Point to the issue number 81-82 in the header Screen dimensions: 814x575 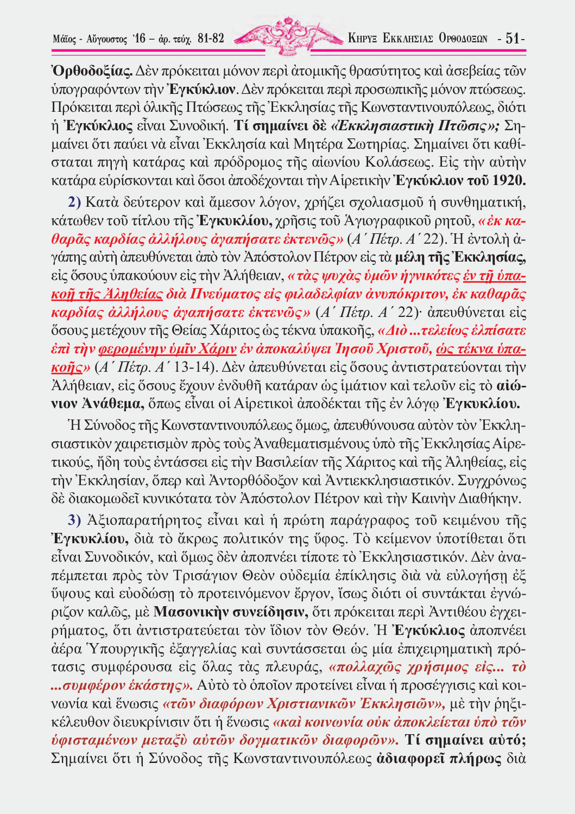click(211, 39)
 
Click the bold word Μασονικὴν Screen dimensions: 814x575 click(188, 612)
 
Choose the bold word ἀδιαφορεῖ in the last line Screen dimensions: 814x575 click(409, 758)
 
